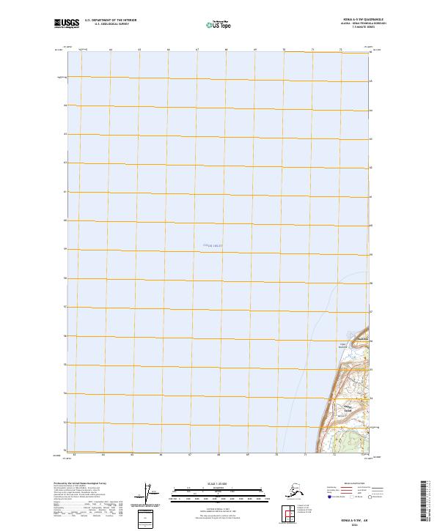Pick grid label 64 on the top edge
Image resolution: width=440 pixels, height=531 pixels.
coord(110,49)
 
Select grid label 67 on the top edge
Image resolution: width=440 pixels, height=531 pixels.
coord(197,49)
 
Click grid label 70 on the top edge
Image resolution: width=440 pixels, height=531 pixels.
coord(284,49)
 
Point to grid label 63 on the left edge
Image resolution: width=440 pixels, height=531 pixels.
coord(65,134)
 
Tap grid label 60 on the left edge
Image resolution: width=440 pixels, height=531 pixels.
coord(65,220)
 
